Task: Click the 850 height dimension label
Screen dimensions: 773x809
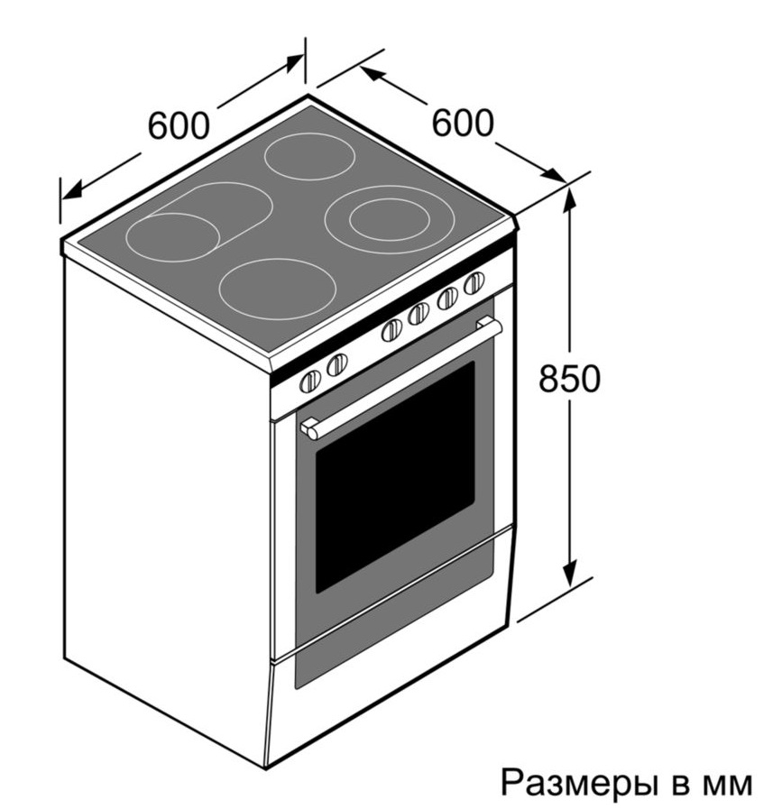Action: (x=570, y=378)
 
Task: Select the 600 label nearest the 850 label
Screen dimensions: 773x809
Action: (x=463, y=123)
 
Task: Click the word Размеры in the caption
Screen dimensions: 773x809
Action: (x=575, y=782)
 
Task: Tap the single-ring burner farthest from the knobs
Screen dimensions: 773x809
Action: (x=309, y=156)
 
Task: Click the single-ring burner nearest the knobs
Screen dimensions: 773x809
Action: (x=277, y=289)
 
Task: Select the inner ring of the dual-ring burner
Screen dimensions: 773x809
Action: (x=389, y=220)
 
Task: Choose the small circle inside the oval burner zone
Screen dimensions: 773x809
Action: (x=173, y=237)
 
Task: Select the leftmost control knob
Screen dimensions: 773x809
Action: (x=310, y=382)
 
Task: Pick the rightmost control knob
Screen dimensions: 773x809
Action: (x=474, y=283)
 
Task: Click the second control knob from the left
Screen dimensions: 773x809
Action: (x=337, y=364)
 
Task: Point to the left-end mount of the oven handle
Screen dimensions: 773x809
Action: (x=309, y=429)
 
